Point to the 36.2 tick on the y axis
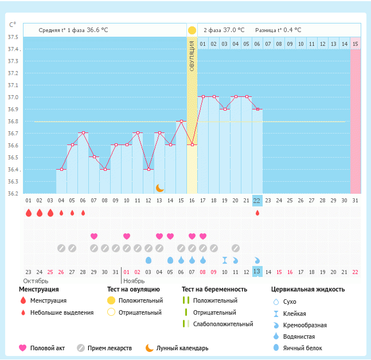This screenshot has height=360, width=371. click(x=12, y=193)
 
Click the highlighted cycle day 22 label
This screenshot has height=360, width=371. click(x=257, y=200)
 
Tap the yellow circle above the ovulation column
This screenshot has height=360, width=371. click(x=192, y=30)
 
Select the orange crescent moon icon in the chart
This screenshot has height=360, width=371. click(x=160, y=188)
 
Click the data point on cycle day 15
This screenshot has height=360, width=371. click(x=181, y=121)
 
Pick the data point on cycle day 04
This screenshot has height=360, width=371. click(x=61, y=169)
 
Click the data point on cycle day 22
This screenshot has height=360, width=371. click(x=257, y=109)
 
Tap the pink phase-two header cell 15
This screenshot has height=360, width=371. click(x=356, y=44)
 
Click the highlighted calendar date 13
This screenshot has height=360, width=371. click(x=257, y=271)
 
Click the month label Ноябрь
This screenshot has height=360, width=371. click(x=135, y=281)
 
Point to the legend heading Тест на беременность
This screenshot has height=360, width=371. click(x=214, y=289)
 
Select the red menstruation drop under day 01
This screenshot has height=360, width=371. click(x=28, y=213)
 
